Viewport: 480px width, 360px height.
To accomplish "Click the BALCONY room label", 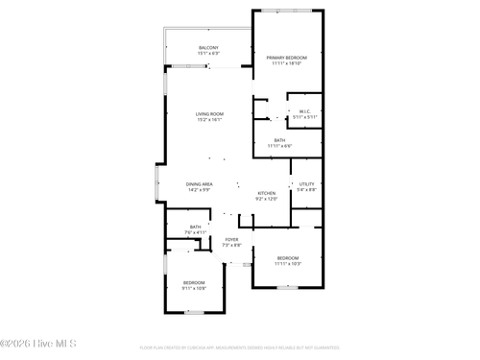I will point(208,48).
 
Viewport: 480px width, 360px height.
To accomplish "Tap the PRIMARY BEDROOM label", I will point(287,58).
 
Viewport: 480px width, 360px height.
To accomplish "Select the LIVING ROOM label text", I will point(209,114).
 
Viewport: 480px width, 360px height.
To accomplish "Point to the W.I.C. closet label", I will point(302,111).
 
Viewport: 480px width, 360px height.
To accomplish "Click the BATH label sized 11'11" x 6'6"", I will point(279,140).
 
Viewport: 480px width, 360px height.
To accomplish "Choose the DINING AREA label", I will point(200,183).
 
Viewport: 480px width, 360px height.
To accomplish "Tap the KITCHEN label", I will point(267,194).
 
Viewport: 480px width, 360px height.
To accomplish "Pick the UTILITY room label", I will point(306,183).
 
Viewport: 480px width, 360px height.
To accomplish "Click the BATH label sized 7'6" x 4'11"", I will point(195,227).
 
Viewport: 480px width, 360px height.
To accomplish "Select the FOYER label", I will point(231,239).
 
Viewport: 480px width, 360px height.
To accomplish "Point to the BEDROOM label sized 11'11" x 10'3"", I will point(288,257).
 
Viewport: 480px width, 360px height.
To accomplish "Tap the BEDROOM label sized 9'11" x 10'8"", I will point(194,282).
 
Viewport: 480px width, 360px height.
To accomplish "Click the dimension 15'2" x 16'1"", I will point(209,120).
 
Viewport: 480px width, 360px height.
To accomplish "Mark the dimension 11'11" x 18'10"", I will point(287,63).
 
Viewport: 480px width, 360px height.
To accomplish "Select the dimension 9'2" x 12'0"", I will point(267,199).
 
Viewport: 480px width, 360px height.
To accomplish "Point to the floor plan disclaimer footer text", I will point(240,348).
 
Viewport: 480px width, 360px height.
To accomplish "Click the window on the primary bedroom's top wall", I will point(288,11).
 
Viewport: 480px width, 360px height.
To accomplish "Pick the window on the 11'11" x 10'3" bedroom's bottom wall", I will point(288,287).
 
